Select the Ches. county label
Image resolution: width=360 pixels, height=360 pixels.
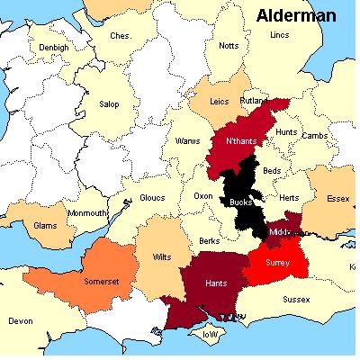tap(120, 36)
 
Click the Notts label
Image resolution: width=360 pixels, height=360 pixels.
tap(229, 46)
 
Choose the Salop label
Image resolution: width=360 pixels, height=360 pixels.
tap(109, 103)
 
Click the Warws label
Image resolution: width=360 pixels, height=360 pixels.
tap(186, 141)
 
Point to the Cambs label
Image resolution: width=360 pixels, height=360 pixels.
tap(314, 136)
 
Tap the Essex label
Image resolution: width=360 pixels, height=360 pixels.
tap(337, 198)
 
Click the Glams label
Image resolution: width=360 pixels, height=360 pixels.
tap(47, 227)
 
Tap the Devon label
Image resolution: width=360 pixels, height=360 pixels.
tap(20, 320)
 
